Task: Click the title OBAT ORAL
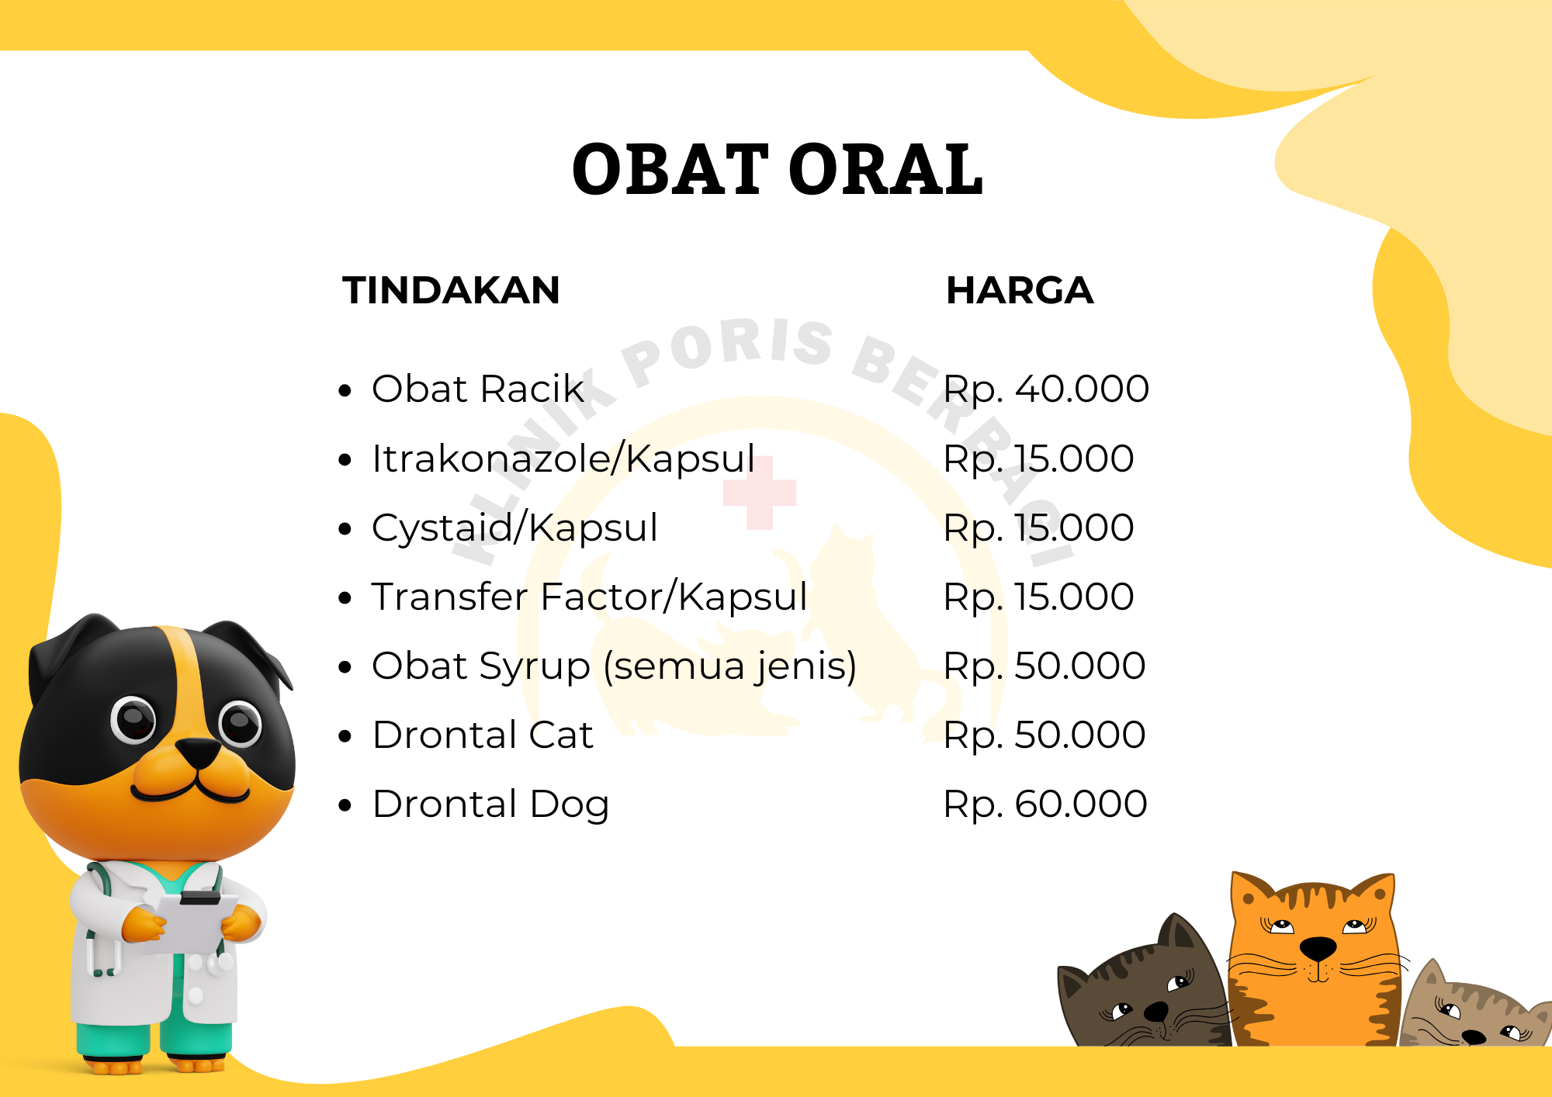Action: coord(778,169)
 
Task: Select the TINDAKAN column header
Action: coord(451,290)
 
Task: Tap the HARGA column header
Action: coord(1020,290)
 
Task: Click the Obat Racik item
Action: coord(478,388)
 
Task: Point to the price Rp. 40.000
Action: coord(1046,389)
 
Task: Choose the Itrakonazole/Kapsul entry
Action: coord(563,458)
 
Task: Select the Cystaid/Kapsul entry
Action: coord(514,528)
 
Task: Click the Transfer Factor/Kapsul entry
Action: coord(590,597)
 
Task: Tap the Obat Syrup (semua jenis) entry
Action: coord(615,666)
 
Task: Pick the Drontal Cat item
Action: coord(483,735)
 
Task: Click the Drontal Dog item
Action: coord(490,805)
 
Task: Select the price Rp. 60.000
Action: coord(1045,804)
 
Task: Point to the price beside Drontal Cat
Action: coord(1044,735)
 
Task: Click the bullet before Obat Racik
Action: coord(345,390)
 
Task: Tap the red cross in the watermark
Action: coord(760,493)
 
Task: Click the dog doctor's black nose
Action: coord(199,752)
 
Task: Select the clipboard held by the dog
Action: coord(192,922)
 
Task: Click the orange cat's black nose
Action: coord(1317,947)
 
